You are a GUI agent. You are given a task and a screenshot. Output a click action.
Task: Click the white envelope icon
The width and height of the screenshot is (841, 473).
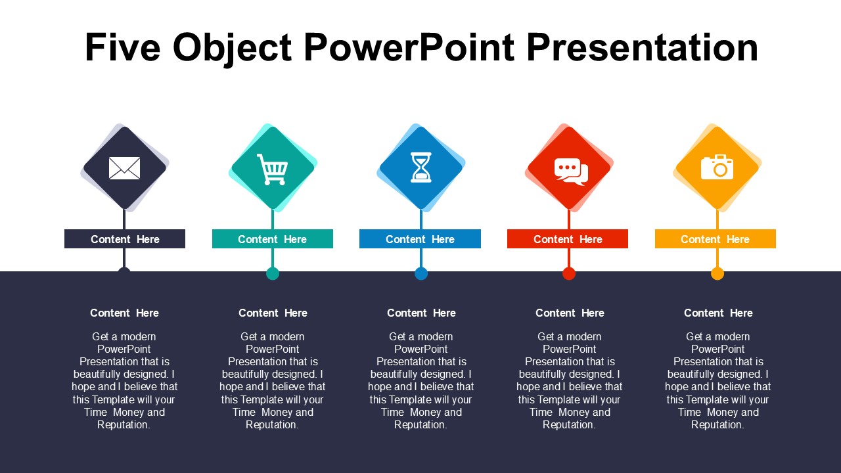tap(124, 168)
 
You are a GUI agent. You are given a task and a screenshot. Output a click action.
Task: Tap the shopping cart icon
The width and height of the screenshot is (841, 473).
tap(273, 169)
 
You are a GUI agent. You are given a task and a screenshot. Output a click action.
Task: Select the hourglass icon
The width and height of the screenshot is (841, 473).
tap(421, 168)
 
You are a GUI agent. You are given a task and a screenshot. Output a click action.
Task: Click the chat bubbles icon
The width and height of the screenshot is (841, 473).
tap(571, 171)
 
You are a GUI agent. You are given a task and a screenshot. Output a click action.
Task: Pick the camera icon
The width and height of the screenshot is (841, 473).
tap(717, 167)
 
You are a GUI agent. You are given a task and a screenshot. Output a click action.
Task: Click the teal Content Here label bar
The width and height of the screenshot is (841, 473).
tap(273, 238)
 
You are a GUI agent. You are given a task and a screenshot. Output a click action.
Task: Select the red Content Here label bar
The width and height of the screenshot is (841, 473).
tap(568, 238)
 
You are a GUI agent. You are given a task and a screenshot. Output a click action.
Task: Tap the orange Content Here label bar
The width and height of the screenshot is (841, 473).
tap(716, 238)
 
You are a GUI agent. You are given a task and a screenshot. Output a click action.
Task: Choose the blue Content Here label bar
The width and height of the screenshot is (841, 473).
tap(420, 238)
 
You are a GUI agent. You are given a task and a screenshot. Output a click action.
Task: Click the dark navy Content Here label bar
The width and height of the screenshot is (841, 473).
tap(125, 238)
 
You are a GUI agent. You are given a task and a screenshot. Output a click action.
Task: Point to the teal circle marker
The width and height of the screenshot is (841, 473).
tap(273, 274)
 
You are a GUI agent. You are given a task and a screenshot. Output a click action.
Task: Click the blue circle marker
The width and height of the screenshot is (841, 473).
tap(421, 274)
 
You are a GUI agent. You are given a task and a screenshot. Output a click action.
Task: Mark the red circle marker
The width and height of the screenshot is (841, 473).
tap(569, 274)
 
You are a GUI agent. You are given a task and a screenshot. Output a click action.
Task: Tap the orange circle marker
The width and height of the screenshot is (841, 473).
tap(717, 274)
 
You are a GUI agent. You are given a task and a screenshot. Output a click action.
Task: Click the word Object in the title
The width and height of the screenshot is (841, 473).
tap(232, 49)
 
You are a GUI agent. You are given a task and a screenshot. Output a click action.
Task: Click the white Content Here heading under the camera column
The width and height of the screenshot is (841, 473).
tap(718, 313)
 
